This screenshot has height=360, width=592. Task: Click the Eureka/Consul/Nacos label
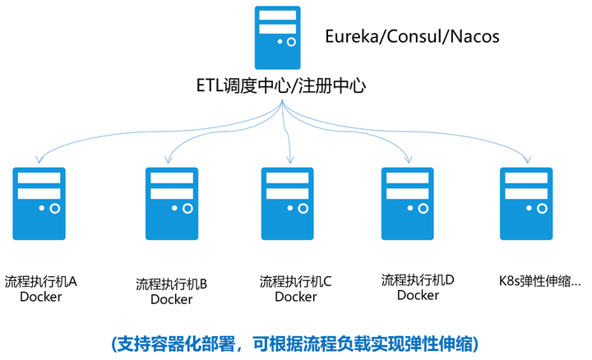click(x=412, y=37)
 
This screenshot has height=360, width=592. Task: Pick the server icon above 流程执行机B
click(x=172, y=204)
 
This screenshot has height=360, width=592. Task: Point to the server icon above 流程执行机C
click(x=288, y=204)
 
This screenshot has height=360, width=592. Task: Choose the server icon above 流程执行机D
click(x=409, y=204)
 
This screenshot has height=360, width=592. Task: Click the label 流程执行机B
click(x=171, y=285)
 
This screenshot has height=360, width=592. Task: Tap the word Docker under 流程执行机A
click(x=41, y=297)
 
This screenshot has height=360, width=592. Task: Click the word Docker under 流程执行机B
click(x=171, y=300)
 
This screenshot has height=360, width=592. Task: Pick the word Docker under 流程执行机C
click(x=295, y=297)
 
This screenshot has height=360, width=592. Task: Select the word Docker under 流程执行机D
click(x=418, y=295)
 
